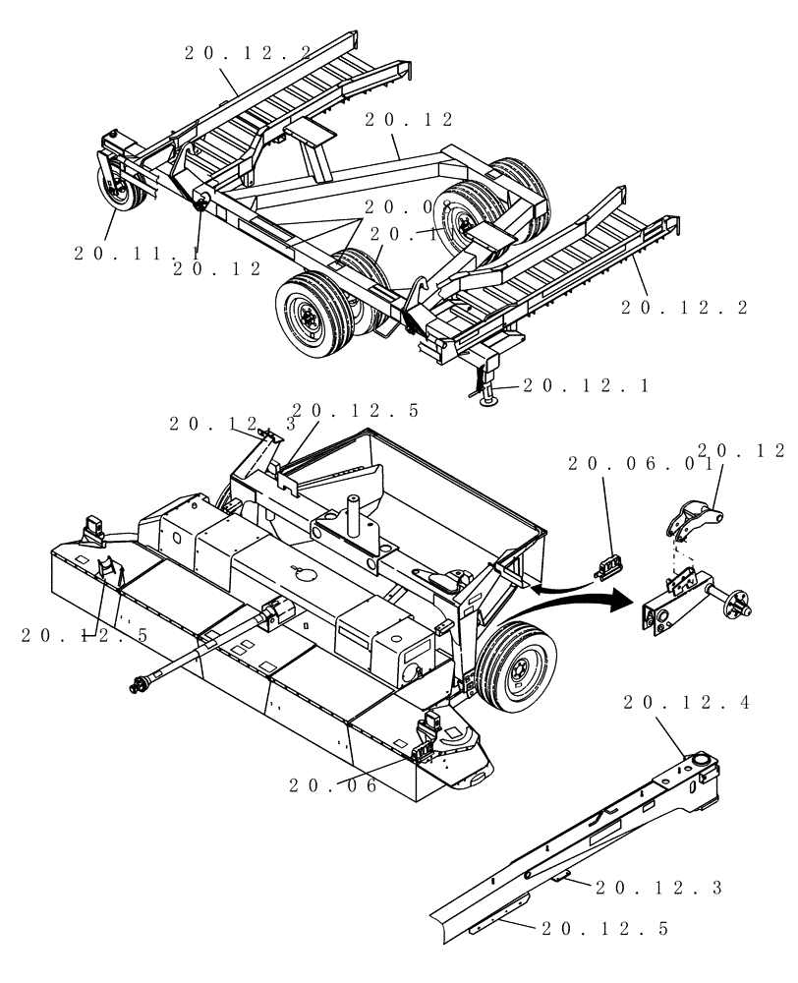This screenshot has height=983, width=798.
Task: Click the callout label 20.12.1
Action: tap(585, 385)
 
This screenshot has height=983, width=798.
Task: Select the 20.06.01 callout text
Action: tap(639, 465)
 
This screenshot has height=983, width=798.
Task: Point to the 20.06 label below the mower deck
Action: tap(334, 785)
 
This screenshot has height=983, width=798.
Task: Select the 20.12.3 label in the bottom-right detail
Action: tap(658, 888)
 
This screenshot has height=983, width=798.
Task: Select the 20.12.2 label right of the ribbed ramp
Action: tap(684, 308)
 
